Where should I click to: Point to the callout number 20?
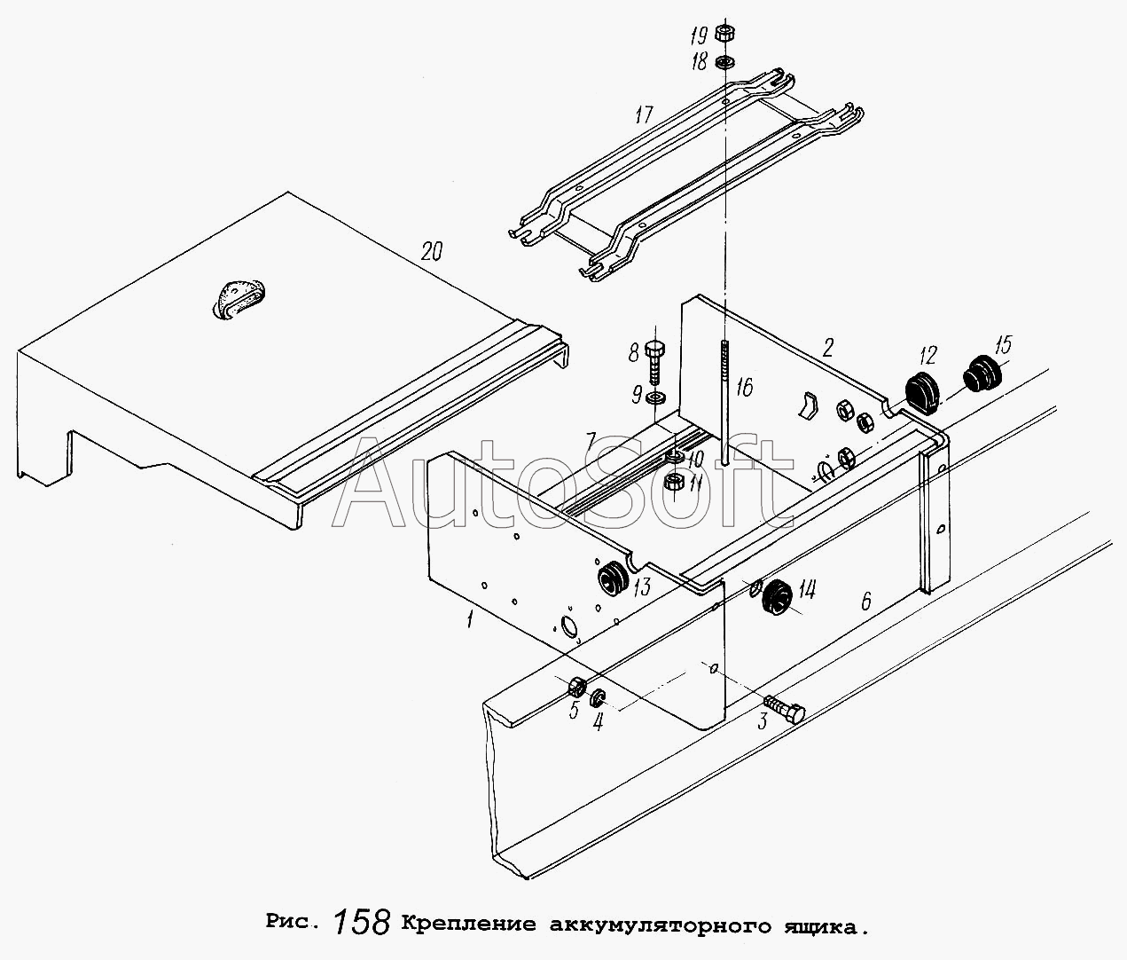431,251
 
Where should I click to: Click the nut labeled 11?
673,484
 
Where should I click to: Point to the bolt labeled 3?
785,710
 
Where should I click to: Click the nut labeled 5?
575,686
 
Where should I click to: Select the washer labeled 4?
599,696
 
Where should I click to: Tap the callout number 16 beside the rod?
743,387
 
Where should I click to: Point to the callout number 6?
865,602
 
